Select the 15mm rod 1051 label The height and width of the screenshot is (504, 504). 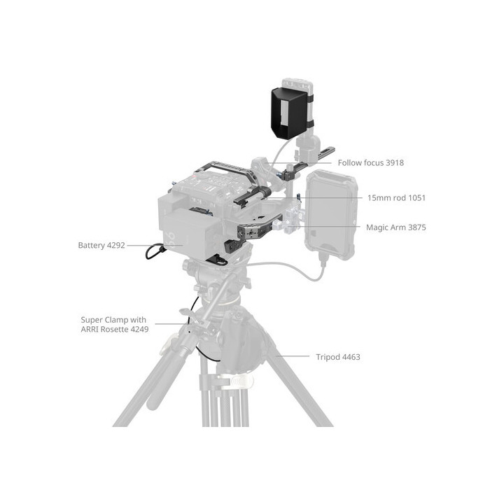396,198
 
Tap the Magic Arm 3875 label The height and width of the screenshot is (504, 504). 395,227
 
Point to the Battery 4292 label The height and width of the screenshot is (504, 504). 102,246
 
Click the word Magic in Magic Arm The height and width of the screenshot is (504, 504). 378,227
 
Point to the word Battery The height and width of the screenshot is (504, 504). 92,246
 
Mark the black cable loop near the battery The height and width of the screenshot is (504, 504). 153,251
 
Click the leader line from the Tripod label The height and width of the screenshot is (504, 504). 294,356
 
